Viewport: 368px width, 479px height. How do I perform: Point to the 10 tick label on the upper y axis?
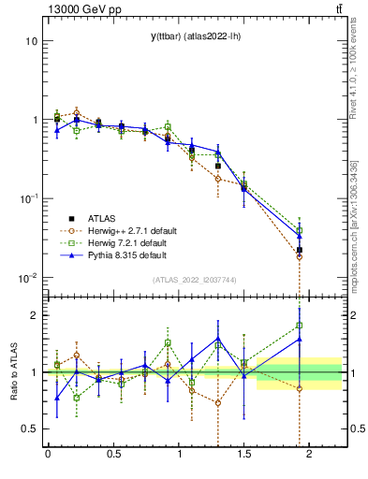click(x=30, y=42)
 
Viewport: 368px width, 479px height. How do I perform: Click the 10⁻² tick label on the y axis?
click(x=27, y=278)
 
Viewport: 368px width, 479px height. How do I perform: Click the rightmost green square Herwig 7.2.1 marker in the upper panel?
click(x=300, y=230)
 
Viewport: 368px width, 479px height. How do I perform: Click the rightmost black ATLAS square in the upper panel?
click(x=300, y=250)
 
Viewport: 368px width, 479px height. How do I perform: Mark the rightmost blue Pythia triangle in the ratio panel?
click(x=300, y=340)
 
